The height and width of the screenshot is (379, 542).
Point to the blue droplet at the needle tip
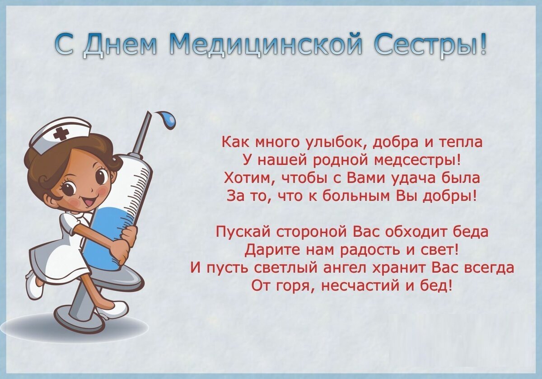[169, 120]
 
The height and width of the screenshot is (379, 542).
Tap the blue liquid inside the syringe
[107, 230]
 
